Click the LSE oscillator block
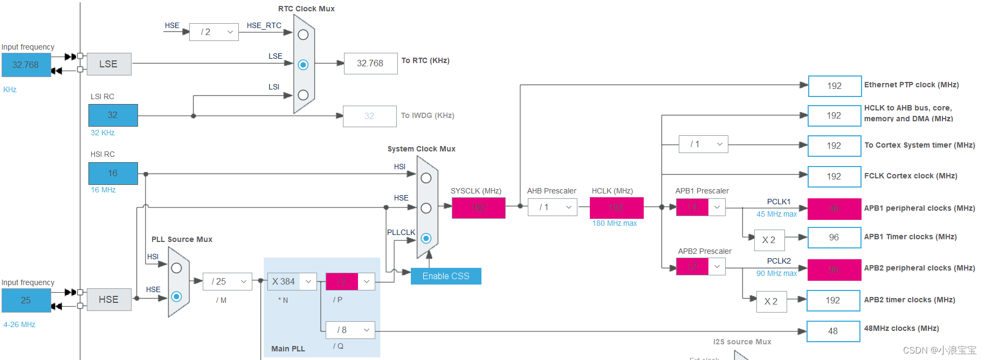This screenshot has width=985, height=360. click(108, 64)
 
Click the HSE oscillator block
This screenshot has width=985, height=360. click(108, 300)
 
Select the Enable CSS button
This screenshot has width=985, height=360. click(445, 276)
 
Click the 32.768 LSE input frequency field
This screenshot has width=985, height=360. click(26, 65)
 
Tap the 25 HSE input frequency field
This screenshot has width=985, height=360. click(26, 300)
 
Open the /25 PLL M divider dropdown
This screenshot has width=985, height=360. click(228, 281)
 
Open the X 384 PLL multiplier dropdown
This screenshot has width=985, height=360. click(292, 281)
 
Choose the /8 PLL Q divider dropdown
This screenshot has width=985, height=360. click(350, 330)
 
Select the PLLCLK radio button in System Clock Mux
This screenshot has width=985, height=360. click(426, 238)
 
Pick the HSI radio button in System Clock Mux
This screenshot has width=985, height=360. click(426, 178)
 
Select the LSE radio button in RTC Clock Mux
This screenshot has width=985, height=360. click(303, 65)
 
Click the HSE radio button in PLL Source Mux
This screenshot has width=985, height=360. click(176, 296)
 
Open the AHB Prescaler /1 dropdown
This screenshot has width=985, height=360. click(552, 207)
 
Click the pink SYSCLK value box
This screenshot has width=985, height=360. click(478, 208)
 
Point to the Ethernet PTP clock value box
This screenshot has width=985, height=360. click(834, 86)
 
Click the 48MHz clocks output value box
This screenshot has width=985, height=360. click(833, 331)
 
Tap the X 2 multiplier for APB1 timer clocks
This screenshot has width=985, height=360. click(769, 240)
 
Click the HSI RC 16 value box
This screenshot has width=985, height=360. click(113, 174)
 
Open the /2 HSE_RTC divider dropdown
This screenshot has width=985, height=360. click(214, 32)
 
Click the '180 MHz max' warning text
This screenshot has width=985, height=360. click(614, 223)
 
